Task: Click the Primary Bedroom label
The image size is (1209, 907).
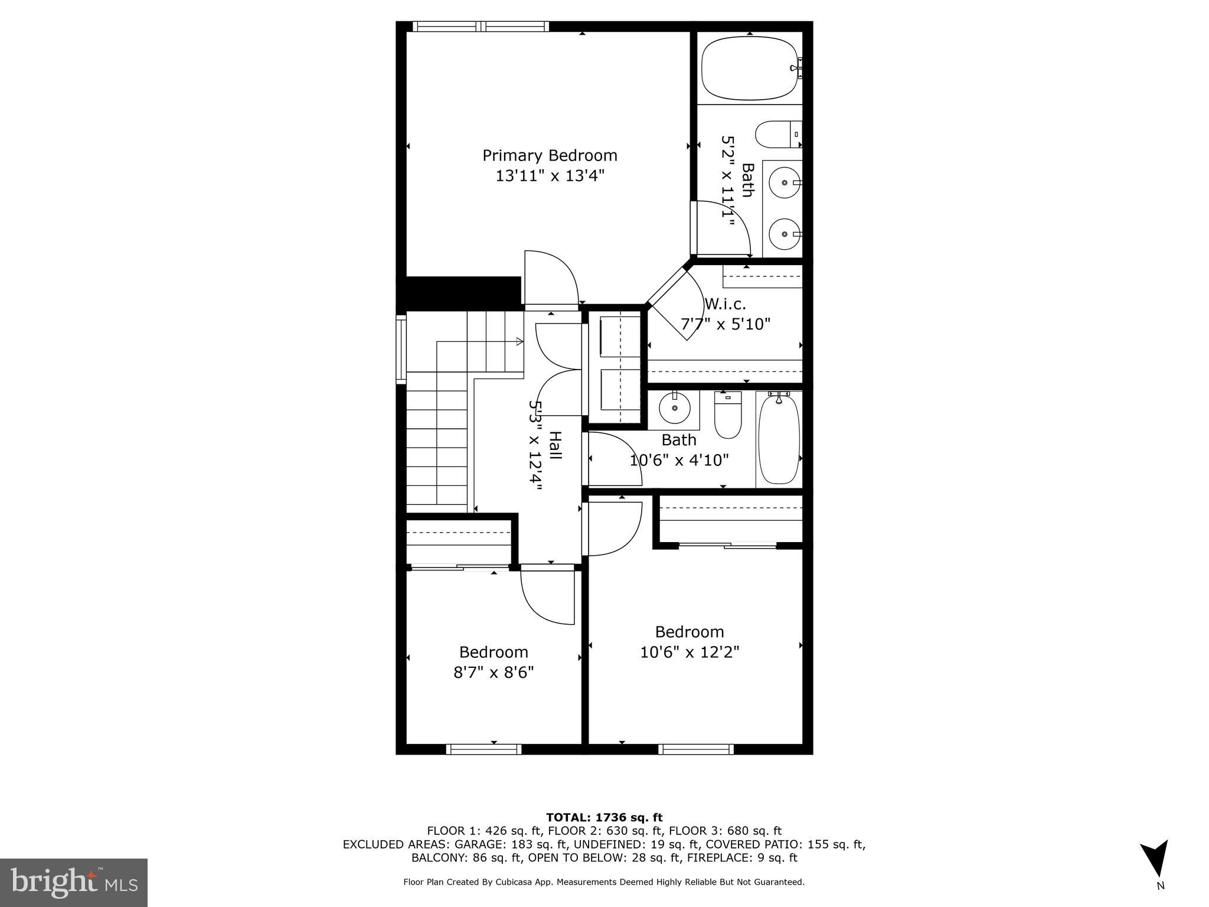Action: (550, 155)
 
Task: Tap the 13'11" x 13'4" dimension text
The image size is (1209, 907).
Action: (550, 176)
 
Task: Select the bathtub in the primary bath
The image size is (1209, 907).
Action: (749, 68)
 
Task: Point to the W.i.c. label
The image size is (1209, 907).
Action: (725, 304)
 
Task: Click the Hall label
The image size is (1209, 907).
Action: (555, 445)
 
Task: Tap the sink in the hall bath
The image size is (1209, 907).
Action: (674, 407)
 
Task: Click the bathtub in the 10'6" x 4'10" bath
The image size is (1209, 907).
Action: (779, 440)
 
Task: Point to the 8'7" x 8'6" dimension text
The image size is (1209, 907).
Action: (494, 673)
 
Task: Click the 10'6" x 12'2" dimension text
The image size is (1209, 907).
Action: (690, 652)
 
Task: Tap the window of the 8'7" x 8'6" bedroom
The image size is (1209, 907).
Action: (483, 749)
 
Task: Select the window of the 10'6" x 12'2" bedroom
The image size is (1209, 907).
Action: (696, 749)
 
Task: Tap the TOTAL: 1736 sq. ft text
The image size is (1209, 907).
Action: (604, 818)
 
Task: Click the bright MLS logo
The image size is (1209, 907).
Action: (74, 883)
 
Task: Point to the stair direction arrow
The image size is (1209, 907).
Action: (518, 341)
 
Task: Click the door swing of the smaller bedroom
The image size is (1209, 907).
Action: (547, 596)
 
